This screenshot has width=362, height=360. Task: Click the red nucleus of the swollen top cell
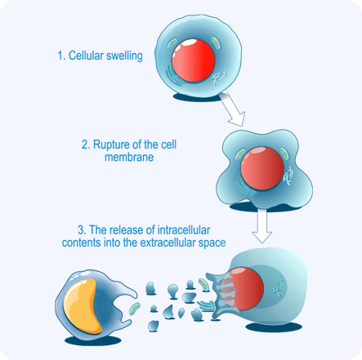194,60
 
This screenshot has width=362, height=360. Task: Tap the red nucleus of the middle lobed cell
262,168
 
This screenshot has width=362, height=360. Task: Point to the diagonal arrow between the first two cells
232,109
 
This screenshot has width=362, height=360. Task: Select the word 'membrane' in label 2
129,157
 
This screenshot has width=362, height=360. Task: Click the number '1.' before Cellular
61,56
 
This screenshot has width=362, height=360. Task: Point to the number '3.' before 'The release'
82,230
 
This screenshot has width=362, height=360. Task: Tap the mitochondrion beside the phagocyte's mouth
134,309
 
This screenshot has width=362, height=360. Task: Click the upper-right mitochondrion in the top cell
216,43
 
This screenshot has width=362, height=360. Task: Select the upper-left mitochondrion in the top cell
172,44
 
